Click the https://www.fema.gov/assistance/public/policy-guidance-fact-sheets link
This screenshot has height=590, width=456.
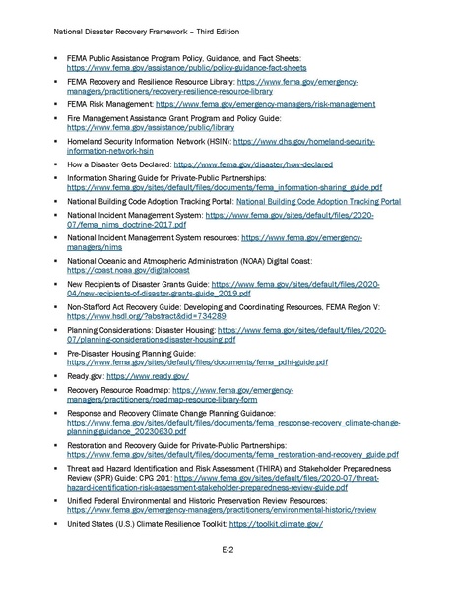pyautogui.click(x=186, y=70)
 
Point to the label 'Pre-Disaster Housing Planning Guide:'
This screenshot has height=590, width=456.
pyautogui.click(x=131, y=352)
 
